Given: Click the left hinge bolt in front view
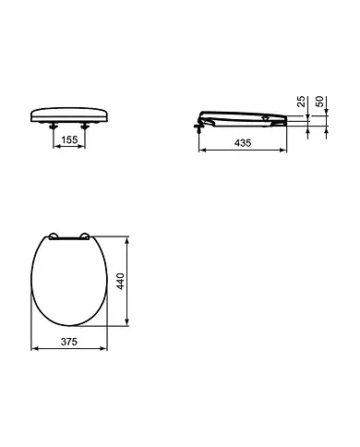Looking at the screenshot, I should point(53,128).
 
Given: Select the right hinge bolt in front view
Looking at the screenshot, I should point(87,128).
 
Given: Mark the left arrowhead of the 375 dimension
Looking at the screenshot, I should point(34,349).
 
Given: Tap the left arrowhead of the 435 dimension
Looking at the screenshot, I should point(202,151).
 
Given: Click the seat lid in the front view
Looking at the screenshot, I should point(70,115).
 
